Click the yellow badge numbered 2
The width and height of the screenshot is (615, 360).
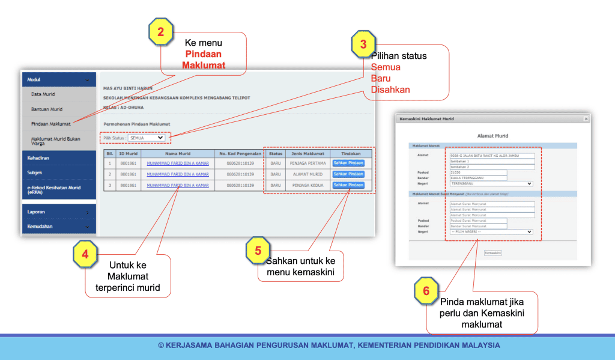(160, 32)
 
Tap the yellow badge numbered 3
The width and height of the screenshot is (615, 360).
(363, 44)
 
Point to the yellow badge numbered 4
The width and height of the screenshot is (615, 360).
(85, 254)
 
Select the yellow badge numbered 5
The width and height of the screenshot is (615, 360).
(258, 251)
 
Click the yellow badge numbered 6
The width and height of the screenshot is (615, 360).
(426, 291)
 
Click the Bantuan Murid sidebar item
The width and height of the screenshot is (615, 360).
(47, 109)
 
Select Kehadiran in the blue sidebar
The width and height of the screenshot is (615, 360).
(38, 157)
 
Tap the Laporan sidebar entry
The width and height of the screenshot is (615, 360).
(36, 212)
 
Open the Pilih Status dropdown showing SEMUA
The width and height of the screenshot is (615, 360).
(147, 138)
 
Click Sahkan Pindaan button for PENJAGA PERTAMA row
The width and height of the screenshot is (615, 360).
(348, 163)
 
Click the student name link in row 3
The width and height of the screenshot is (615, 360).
(178, 185)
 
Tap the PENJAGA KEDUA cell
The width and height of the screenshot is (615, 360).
(307, 185)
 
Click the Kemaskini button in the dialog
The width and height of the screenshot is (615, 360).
(492, 253)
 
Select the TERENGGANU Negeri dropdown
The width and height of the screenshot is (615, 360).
(491, 184)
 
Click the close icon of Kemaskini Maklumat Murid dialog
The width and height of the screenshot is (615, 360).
(586, 119)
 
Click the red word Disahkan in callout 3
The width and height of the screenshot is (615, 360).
(390, 90)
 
